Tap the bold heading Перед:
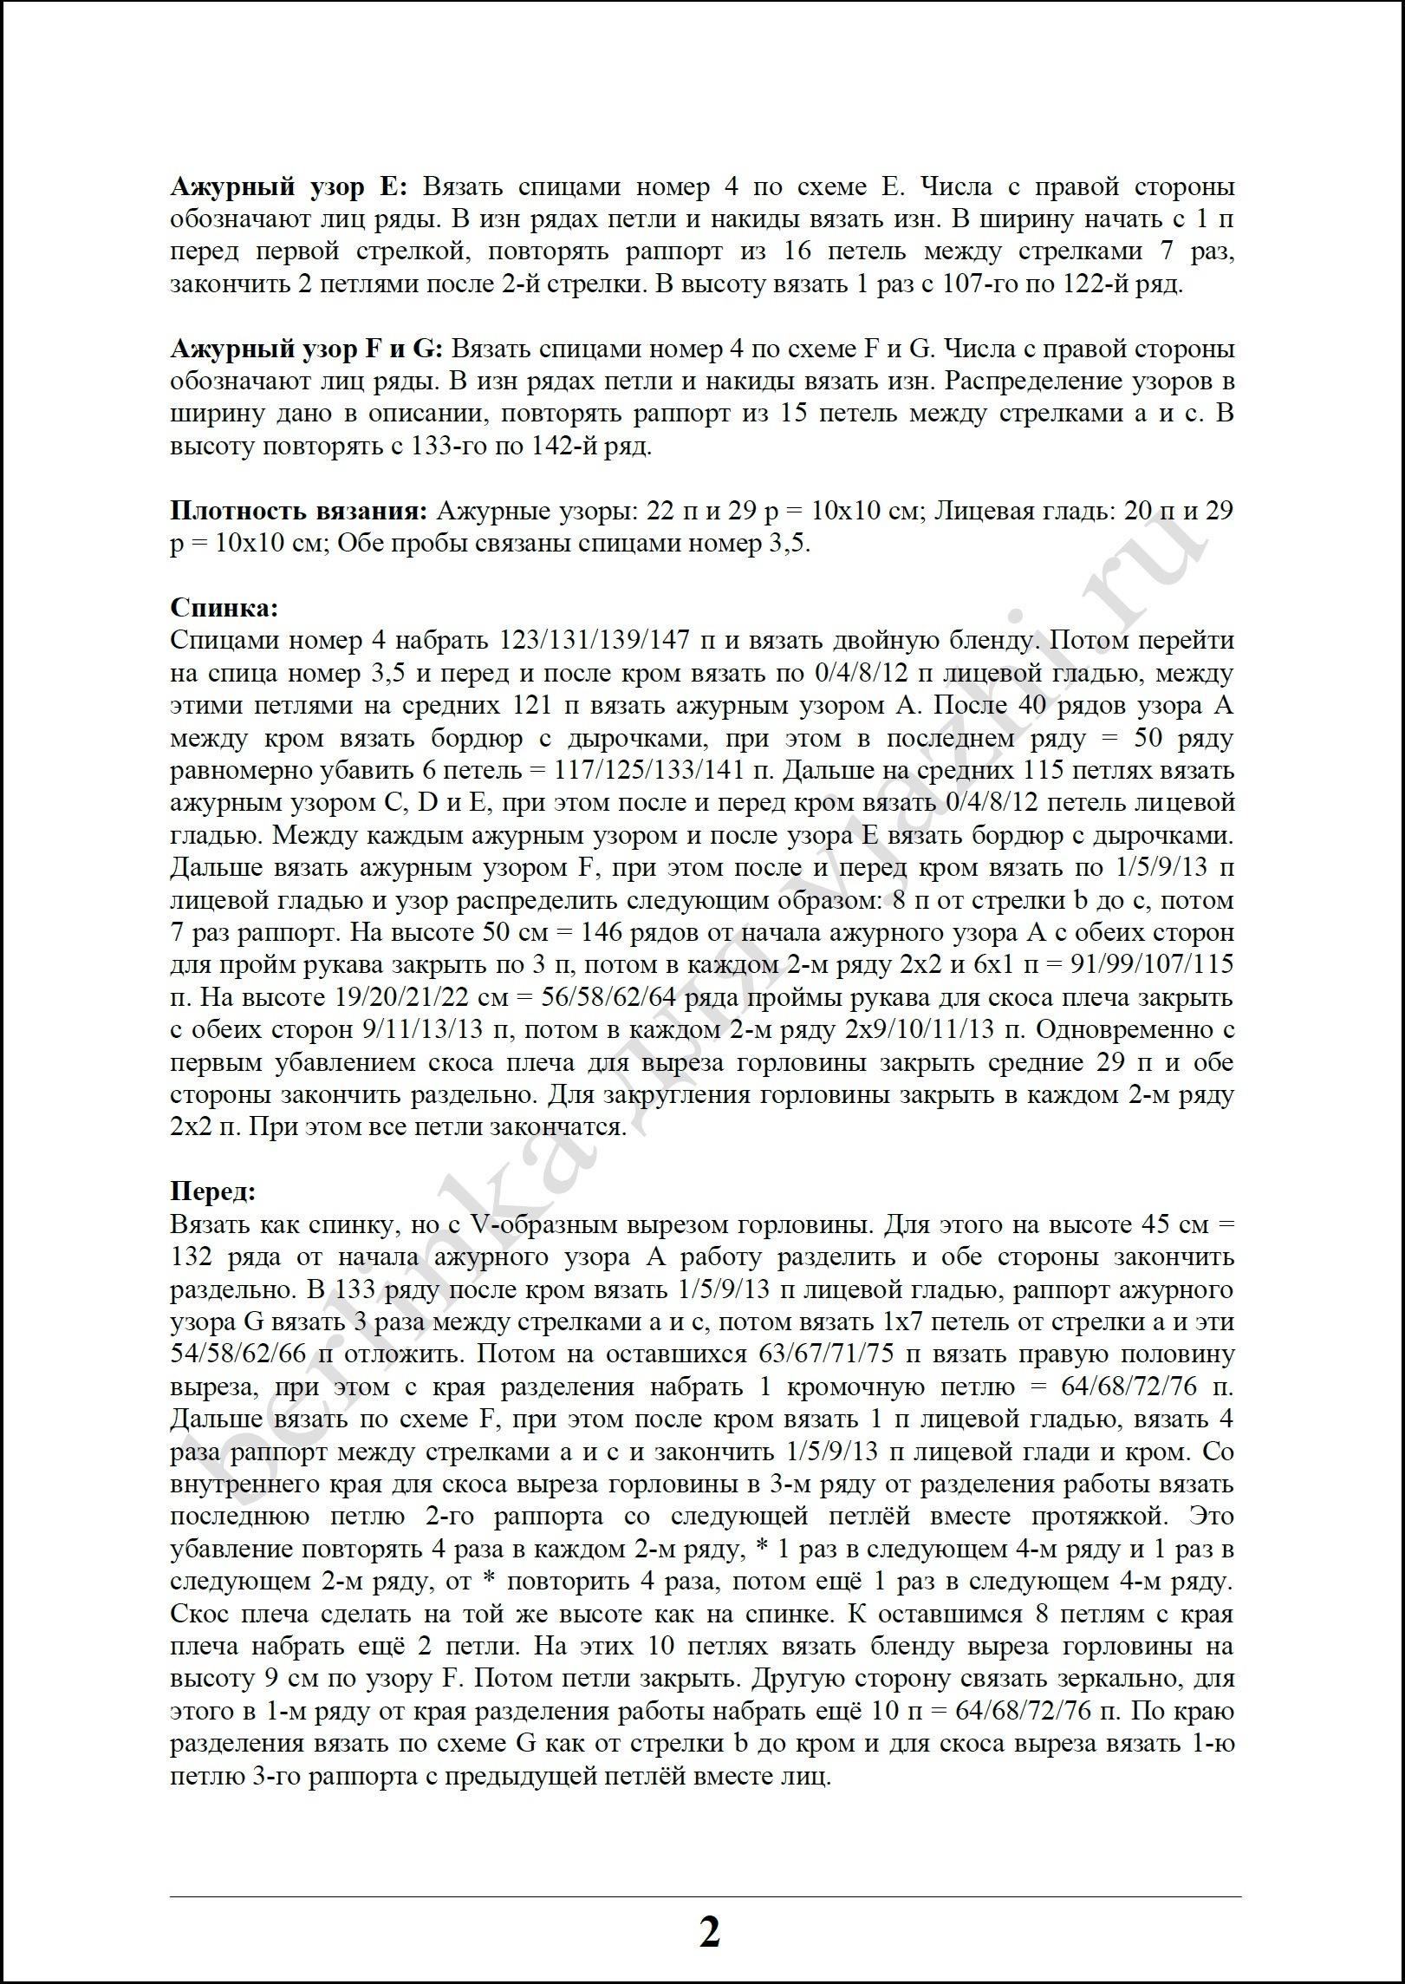[213, 1191]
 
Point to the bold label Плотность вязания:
[299, 511]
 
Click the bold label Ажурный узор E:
[295, 186]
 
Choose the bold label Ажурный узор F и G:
[307, 349]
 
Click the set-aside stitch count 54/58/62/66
[244, 1354]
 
